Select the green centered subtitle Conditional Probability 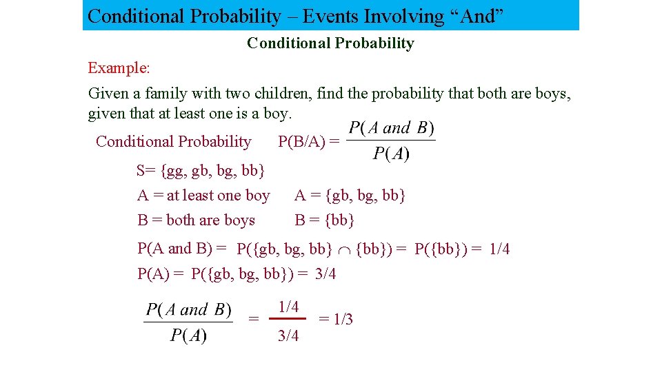[x=330, y=43]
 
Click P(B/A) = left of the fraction [x=308, y=142]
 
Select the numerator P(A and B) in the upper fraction [x=391, y=127]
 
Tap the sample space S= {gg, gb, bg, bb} [x=201, y=169]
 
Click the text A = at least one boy [x=203, y=196]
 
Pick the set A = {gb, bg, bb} [x=350, y=196]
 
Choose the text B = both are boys [x=196, y=220]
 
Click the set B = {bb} [x=324, y=220]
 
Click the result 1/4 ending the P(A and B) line [x=499, y=249]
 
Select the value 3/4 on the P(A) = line [x=325, y=274]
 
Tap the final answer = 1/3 [x=335, y=319]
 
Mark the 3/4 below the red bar [x=288, y=336]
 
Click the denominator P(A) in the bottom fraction [x=188, y=336]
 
